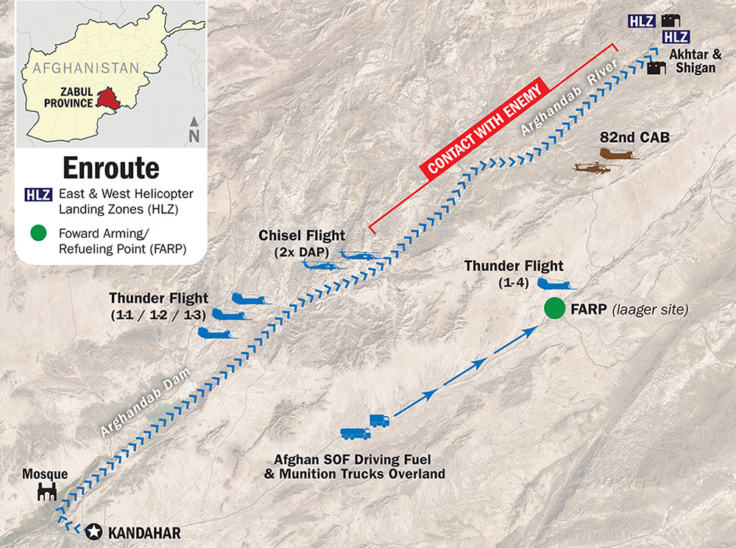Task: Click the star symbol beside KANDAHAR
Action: coord(94,531)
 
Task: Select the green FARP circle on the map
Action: coord(554,309)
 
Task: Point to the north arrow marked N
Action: coord(194,128)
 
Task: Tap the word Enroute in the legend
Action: coord(110,168)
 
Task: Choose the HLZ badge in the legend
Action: coord(38,195)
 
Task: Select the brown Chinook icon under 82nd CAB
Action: coord(619,155)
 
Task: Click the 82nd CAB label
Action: coord(626,136)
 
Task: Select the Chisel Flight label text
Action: coord(302,236)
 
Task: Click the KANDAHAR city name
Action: coord(144,532)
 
